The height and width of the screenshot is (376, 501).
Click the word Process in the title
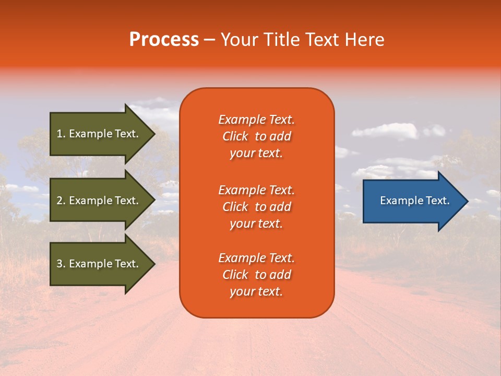(164, 40)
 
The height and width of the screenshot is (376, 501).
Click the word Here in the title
(364, 40)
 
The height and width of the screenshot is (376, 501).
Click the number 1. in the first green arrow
(61, 134)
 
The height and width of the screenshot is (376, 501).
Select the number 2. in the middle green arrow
(61, 201)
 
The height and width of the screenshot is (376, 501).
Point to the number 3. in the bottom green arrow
(61, 264)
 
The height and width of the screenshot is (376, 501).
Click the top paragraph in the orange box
(256, 136)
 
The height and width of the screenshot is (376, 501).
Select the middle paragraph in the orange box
(256, 207)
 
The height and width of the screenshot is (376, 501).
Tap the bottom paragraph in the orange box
(256, 275)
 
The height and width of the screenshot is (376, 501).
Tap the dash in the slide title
(209, 40)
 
